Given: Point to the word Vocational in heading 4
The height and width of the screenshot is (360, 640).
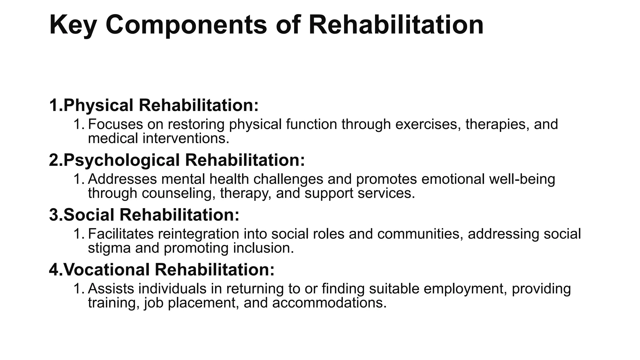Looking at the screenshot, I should [106, 270].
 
